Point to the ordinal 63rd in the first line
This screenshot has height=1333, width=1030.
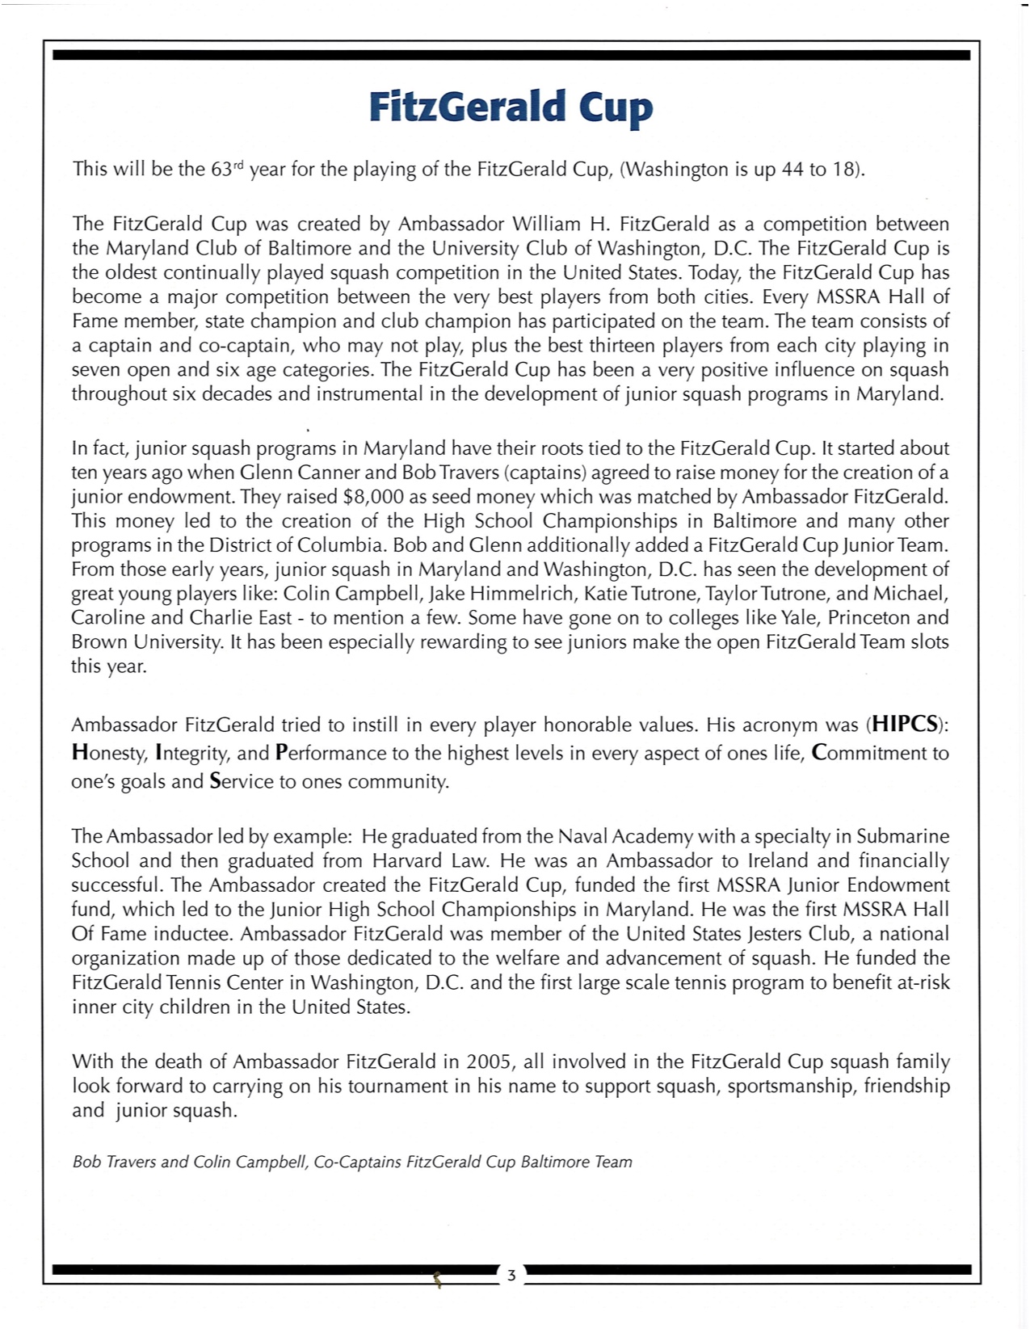(x=228, y=170)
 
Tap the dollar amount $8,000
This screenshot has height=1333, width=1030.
(x=374, y=497)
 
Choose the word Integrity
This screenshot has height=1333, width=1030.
(x=193, y=753)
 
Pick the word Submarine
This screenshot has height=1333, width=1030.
(x=903, y=836)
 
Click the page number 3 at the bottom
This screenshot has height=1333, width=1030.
(x=511, y=1276)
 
